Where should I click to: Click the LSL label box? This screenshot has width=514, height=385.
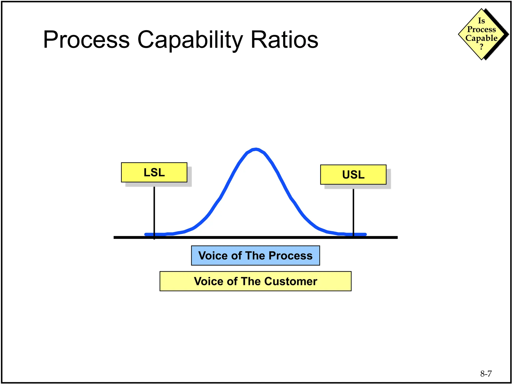154,172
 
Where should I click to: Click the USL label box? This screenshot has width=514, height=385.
353,175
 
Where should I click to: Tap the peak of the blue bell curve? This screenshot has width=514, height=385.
255,149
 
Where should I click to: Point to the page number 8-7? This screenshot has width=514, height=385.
486,374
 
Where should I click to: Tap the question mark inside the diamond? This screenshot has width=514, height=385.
481,47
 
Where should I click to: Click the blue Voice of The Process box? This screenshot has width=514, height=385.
255,255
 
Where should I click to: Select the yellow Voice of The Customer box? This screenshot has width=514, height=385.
255,281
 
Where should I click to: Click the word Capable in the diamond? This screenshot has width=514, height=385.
481,38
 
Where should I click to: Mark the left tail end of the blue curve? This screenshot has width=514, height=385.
146,234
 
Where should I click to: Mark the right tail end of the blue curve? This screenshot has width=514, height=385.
365,234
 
